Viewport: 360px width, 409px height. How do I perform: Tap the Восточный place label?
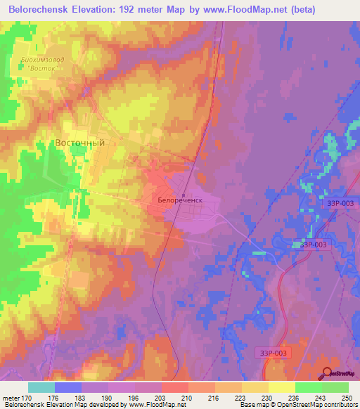[79, 143]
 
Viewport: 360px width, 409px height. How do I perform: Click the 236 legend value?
[293, 398]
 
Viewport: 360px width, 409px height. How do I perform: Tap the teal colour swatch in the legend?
[41, 387]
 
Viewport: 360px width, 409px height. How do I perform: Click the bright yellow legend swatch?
[281, 387]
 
